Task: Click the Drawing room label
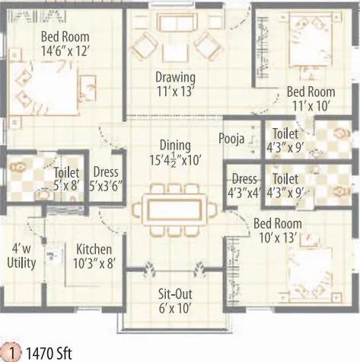pyautogui.click(x=176, y=77)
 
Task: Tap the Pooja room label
pyautogui.click(x=231, y=139)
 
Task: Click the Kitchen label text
pyautogui.click(x=94, y=249)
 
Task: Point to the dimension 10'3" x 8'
pyautogui.click(x=94, y=263)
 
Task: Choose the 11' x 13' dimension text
pyautogui.click(x=176, y=91)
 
